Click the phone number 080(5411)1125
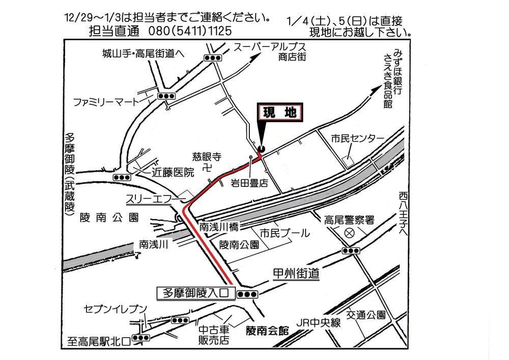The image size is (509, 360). (190, 31)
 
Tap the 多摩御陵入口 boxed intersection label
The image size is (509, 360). (196, 293)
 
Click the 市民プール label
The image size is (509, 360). (285, 234)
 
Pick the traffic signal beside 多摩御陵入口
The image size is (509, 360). (247, 294)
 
